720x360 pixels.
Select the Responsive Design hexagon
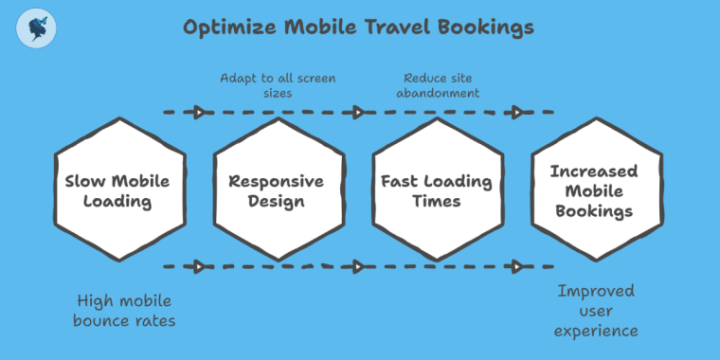pos(277,190)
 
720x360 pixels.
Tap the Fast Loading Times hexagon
pos(436,190)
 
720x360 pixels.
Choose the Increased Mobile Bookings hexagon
pos(594,190)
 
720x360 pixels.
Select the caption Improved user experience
pos(596,310)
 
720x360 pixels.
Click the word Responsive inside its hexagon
pos(277,181)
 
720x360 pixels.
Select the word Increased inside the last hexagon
pos(594,171)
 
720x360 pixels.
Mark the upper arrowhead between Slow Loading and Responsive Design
pos(200,113)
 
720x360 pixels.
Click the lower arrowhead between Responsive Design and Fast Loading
pos(358,268)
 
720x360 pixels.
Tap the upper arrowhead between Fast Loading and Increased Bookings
pos(517,113)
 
